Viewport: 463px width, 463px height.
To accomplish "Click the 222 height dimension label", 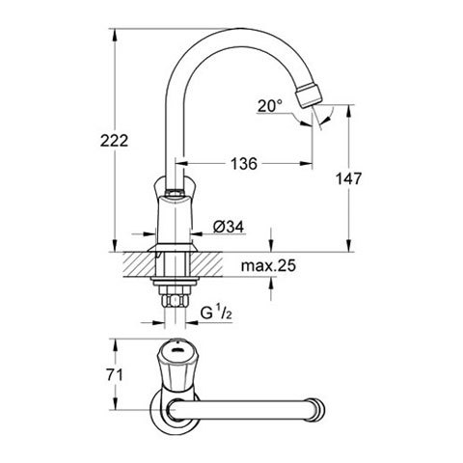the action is (x=114, y=141).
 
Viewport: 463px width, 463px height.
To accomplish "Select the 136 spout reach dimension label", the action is (x=244, y=164).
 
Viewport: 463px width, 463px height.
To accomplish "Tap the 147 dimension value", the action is (x=348, y=178).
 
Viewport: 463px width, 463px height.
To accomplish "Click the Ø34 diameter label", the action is (x=229, y=227).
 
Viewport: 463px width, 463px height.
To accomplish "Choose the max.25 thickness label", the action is (x=268, y=266).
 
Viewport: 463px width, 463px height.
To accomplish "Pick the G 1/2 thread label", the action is (x=216, y=313).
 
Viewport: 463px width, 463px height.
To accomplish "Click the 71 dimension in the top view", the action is (x=115, y=375).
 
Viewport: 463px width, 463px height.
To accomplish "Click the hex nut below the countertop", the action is (x=175, y=301).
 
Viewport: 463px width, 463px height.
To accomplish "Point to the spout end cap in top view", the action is (x=318, y=409).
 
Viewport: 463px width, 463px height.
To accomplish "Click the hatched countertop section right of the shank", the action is (x=206, y=264).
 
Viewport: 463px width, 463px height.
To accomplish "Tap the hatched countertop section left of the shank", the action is (x=139, y=264).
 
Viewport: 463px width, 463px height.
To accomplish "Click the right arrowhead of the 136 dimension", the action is (x=306, y=164).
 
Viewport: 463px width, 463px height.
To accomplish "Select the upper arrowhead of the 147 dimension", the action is (x=348, y=111).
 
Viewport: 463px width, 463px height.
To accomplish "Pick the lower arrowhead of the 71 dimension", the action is (x=115, y=403).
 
